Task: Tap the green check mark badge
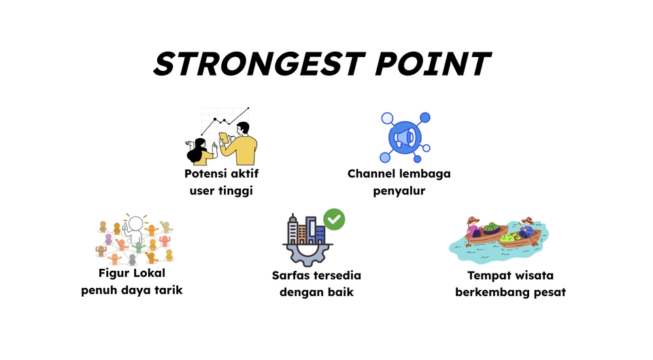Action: [x=333, y=219]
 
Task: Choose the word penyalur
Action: [x=399, y=191]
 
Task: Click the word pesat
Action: [x=549, y=293]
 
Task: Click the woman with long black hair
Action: [x=200, y=151]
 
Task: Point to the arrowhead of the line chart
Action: [x=248, y=108]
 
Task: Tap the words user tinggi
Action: [x=221, y=191]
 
